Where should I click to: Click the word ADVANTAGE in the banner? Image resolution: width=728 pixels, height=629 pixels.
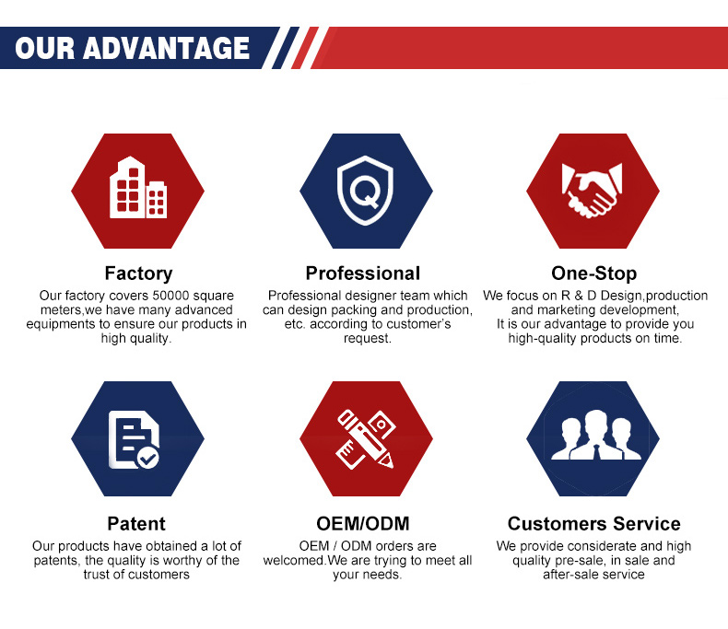(x=166, y=48)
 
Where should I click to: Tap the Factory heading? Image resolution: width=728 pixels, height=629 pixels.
(x=138, y=274)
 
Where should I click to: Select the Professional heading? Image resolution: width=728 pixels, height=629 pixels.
(x=362, y=274)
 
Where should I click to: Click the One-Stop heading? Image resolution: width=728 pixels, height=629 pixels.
(x=593, y=274)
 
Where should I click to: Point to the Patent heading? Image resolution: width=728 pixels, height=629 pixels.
(x=136, y=524)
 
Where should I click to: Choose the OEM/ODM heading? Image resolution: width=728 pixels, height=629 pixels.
(x=362, y=524)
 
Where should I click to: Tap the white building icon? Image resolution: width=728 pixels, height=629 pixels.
(x=138, y=187)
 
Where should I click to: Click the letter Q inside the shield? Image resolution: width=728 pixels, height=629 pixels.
(x=366, y=192)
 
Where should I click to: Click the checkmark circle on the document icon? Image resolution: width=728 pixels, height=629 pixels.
(x=148, y=459)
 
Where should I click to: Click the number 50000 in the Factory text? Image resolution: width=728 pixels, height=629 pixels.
(x=170, y=296)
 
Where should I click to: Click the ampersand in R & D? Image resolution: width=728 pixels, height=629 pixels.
(x=579, y=296)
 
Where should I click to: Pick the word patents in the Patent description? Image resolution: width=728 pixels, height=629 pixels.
(x=54, y=560)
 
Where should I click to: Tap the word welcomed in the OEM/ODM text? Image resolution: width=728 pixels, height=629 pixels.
(x=293, y=560)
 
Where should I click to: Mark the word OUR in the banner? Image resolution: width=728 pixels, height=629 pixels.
(x=44, y=48)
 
